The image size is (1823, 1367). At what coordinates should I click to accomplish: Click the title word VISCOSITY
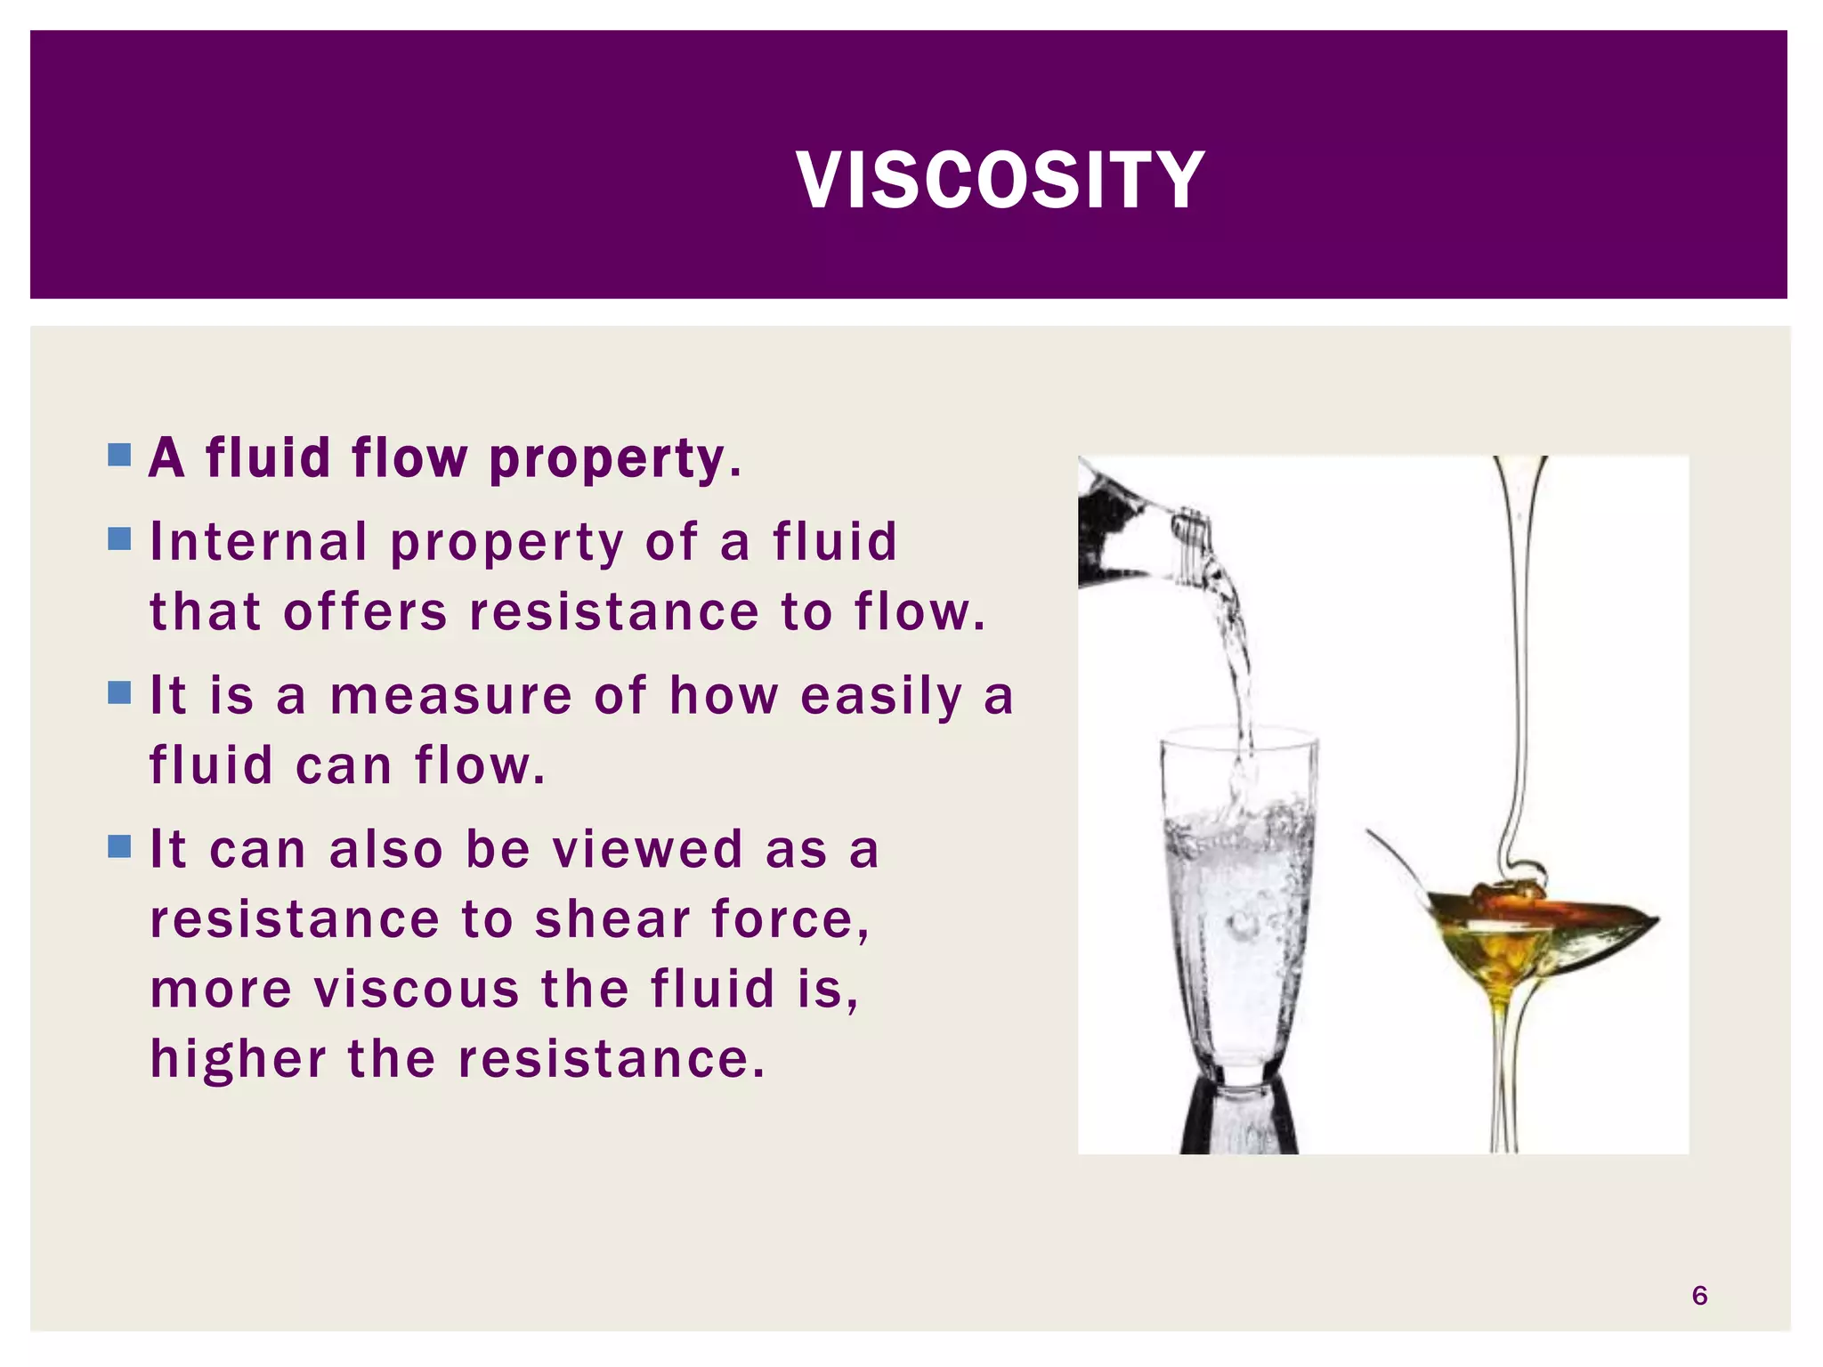click(1000, 181)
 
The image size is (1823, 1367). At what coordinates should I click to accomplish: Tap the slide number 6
click(1698, 1295)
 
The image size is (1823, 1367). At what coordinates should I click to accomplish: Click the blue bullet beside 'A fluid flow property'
click(119, 456)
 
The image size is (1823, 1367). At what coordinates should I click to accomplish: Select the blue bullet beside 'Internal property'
click(119, 538)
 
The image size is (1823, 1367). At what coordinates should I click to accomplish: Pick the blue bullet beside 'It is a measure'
click(119, 692)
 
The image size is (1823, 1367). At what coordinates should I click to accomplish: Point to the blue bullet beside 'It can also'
click(119, 845)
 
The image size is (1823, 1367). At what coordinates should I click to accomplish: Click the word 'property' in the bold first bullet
click(614, 459)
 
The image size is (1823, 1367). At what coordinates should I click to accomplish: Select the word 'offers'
click(365, 612)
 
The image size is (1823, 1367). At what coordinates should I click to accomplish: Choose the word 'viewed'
click(647, 849)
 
